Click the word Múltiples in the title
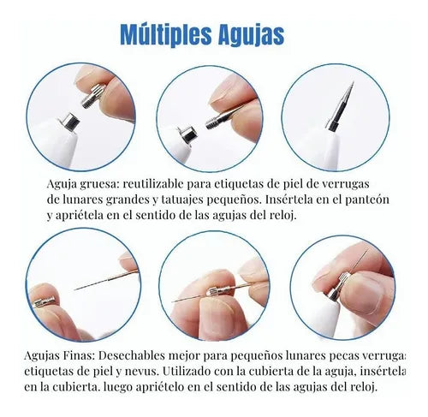coord(166,34)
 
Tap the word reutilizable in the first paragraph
coord(153,184)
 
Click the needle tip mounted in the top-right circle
coord(341,107)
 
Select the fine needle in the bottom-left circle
coord(106,280)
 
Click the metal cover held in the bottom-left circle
coord(44,302)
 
